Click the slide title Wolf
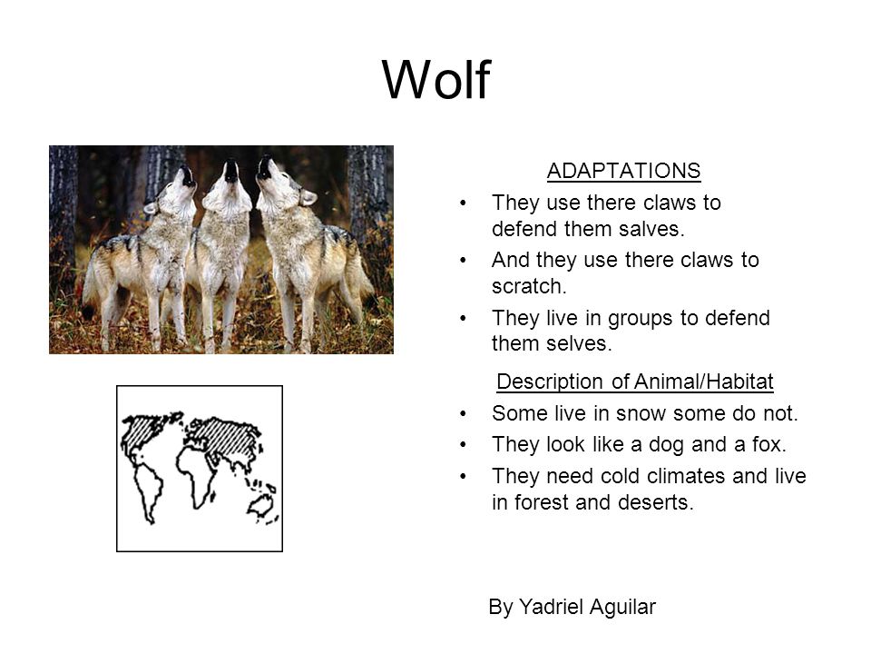click(436, 80)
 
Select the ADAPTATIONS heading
click(624, 171)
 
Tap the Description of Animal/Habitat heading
click(635, 381)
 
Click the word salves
click(653, 229)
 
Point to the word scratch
click(529, 286)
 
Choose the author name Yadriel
click(552, 607)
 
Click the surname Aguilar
click(622, 608)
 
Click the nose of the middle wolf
click(230, 165)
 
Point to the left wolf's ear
click(151, 207)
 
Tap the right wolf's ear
click(308, 197)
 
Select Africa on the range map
click(194, 475)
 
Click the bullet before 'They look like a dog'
click(463, 445)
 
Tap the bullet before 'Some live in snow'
click(463, 414)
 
